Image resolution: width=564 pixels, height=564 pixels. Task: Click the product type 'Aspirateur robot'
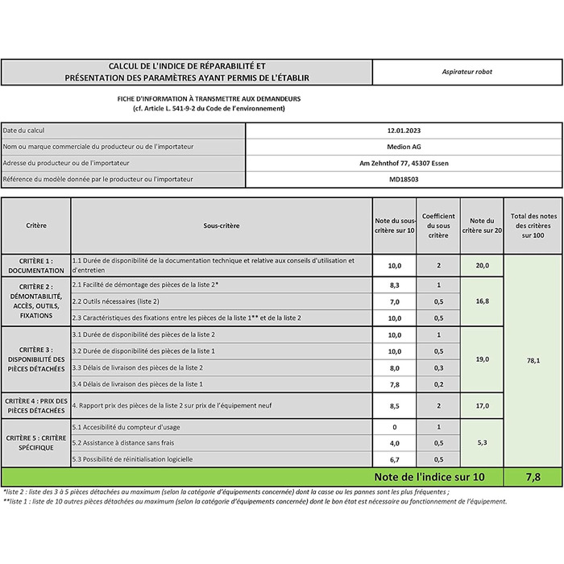(467, 72)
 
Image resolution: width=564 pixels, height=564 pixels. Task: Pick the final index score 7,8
(533, 477)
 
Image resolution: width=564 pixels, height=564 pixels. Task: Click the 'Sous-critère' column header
(221, 226)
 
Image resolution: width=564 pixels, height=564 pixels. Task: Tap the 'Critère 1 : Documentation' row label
(36, 266)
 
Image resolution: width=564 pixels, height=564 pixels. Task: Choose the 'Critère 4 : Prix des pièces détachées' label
(36, 405)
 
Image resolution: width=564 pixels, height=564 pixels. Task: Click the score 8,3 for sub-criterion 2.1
(395, 285)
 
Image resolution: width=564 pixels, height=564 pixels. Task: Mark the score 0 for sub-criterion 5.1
(395, 426)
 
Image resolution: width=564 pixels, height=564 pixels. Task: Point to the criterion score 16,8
(482, 301)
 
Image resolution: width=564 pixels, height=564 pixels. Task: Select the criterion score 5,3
(482, 442)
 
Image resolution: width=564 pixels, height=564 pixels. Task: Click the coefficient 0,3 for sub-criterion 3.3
(438, 367)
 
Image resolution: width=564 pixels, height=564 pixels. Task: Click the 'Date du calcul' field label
(24, 130)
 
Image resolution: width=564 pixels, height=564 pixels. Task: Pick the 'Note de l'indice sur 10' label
(429, 477)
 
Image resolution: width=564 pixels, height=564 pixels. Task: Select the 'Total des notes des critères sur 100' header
(533, 226)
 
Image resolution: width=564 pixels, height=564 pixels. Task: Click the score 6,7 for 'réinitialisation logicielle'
(395, 459)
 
